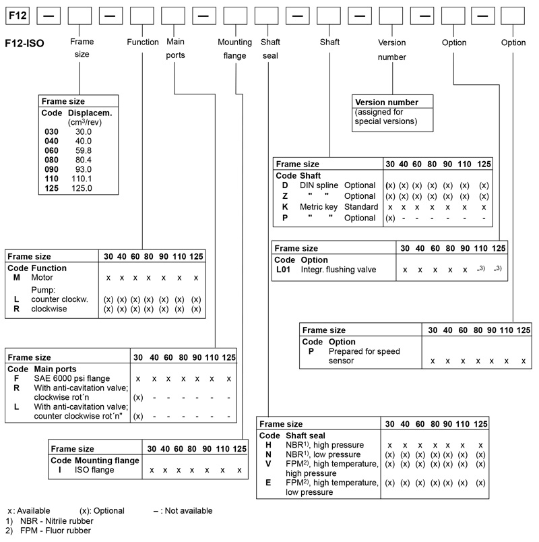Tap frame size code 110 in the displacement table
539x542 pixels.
pos(51,179)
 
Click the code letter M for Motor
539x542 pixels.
pos(17,278)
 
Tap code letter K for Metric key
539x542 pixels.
pos(285,207)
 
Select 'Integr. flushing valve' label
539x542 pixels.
pos(338,270)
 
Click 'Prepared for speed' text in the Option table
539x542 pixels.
pos(363,351)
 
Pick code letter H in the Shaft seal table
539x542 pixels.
pos(268,445)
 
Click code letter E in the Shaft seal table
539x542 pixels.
pos(268,483)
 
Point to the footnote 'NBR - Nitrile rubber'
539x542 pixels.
pos(54,520)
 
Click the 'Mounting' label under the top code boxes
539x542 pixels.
pos(234,42)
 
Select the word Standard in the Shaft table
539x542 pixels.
pos(358,207)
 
